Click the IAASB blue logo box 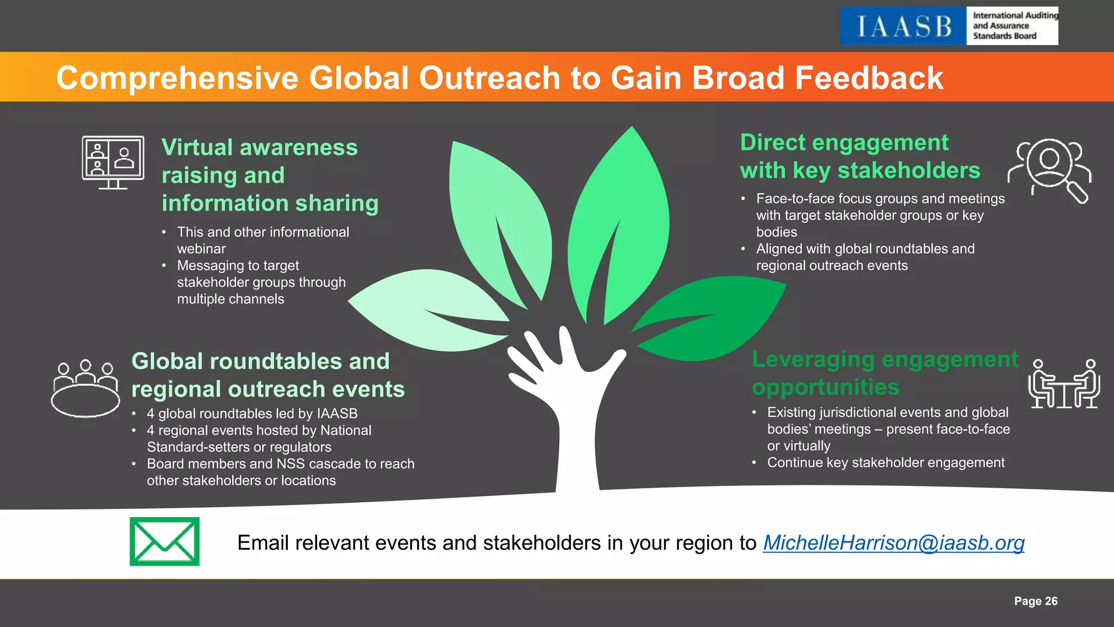click(x=903, y=26)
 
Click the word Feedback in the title click(x=869, y=77)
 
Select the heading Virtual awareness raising click(x=260, y=161)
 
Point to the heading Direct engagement click(x=844, y=143)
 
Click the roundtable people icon click(x=85, y=388)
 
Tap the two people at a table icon click(x=1064, y=384)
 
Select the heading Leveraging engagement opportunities click(x=884, y=373)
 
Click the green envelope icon click(x=164, y=542)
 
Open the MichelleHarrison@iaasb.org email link click(x=893, y=543)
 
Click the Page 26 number click(x=1036, y=601)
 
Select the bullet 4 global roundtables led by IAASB click(x=252, y=414)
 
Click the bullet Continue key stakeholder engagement click(x=886, y=463)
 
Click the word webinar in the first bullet click(x=201, y=249)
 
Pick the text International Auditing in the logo click(x=1015, y=16)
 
